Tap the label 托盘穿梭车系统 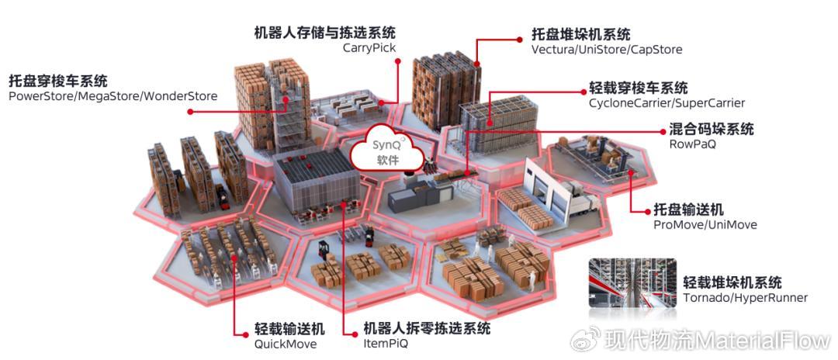58,81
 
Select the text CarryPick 369,48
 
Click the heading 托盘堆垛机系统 580,34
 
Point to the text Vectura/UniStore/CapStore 607,50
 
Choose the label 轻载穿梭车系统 638,88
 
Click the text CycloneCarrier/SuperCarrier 667,103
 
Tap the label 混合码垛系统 711,129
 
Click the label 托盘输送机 688,209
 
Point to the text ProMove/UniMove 705,225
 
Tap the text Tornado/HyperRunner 745,298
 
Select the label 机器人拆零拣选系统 427,328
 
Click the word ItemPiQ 386,344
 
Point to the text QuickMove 285,344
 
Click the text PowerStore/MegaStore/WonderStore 113,96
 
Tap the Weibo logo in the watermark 586,341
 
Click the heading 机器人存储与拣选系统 324,33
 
